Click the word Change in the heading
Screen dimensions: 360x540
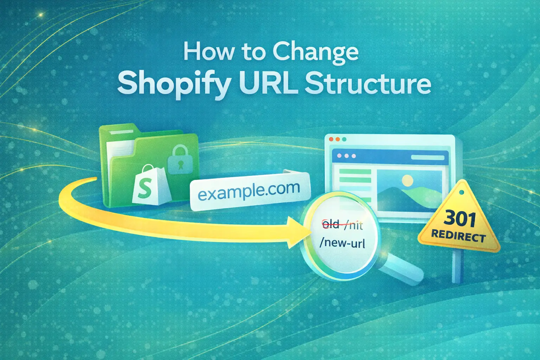pos(315,53)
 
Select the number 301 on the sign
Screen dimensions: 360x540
pos(459,219)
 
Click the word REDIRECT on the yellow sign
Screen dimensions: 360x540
pos(458,236)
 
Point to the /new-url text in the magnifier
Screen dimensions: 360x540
pos(342,243)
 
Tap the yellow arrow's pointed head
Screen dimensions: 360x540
pos(297,232)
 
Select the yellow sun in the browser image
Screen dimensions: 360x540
pos(407,181)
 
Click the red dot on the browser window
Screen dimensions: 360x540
pos(331,139)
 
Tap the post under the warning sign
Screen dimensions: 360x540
pos(456,267)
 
